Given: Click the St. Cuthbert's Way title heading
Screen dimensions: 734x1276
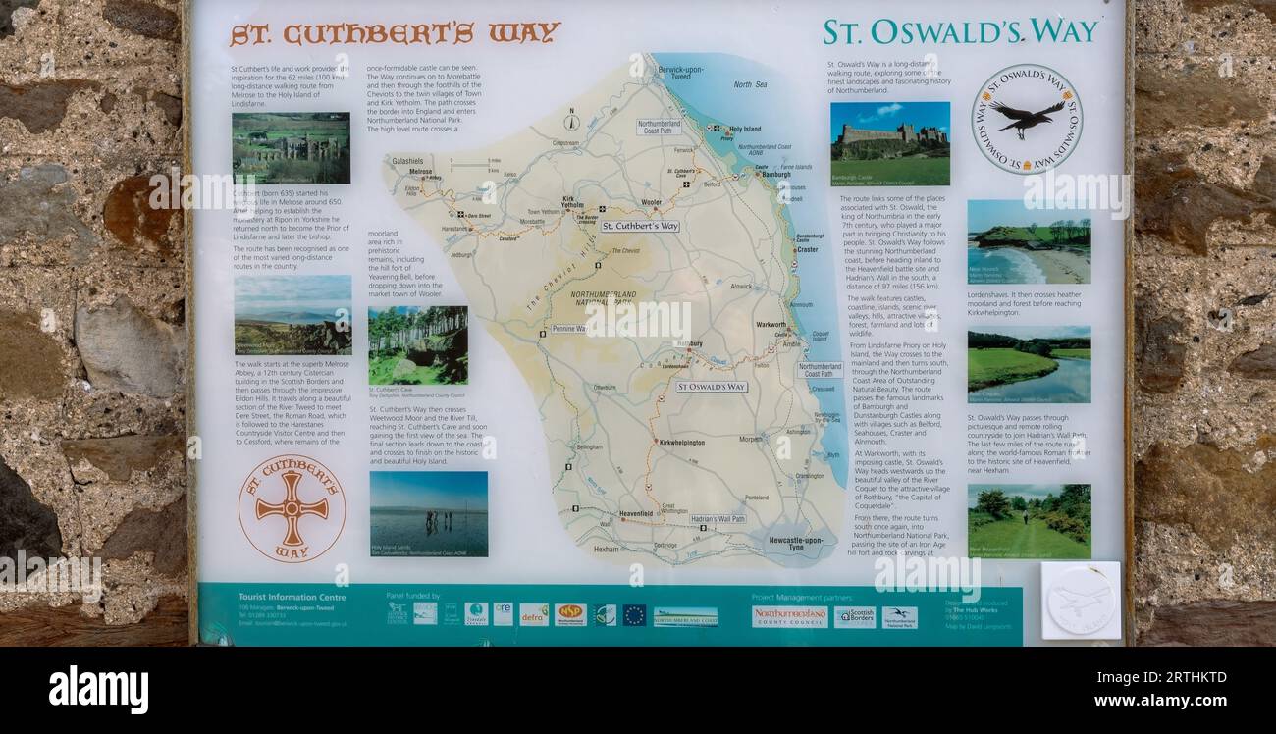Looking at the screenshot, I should point(395,33).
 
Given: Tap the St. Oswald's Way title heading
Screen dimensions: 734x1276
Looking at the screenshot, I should point(959,31).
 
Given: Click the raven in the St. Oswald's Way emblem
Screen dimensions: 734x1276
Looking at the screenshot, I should point(1026,117).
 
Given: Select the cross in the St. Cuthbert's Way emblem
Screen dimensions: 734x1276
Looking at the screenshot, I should point(292,508).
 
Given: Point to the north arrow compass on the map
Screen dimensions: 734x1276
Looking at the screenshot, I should point(571,122).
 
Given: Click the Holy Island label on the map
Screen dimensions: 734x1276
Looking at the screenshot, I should point(743,129).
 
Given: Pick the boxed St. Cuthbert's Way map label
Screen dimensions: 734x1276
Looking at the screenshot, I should point(640,226).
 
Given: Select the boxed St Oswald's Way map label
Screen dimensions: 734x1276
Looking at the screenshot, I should point(711,387).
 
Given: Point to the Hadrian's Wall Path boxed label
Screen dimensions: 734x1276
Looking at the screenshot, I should point(717,518).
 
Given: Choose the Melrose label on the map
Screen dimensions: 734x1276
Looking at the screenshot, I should point(421,172).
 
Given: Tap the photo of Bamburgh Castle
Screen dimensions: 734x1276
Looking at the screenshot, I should point(889,143).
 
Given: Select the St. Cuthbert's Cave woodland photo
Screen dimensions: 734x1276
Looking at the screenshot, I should point(417,345).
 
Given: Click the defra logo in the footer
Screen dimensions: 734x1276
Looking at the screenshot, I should point(534,614).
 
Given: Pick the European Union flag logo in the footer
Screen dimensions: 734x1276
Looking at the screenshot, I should point(634,615).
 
